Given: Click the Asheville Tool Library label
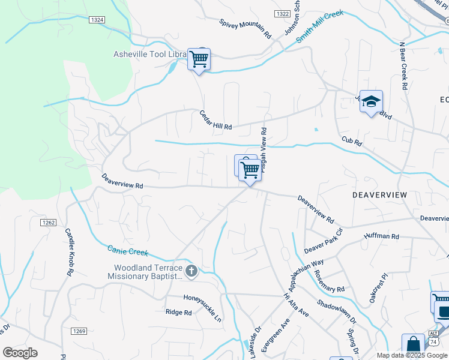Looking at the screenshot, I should tap(150, 54).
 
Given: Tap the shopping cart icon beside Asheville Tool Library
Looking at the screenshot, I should tap(199, 59).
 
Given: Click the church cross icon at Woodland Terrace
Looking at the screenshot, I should tap(191, 271).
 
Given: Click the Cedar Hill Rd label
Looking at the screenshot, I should tap(215, 119).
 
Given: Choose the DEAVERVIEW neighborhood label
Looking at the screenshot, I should tap(379, 195).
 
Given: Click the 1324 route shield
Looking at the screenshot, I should tap(97, 20).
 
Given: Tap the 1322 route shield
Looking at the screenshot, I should tap(282, 13).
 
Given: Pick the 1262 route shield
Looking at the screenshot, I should tap(49, 223).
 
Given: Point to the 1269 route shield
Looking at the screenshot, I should tap(79, 331).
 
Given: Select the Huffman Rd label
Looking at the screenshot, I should tap(381, 237).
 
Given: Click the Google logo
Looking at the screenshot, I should tap(20, 353).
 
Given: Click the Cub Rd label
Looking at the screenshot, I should tap(352, 143).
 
